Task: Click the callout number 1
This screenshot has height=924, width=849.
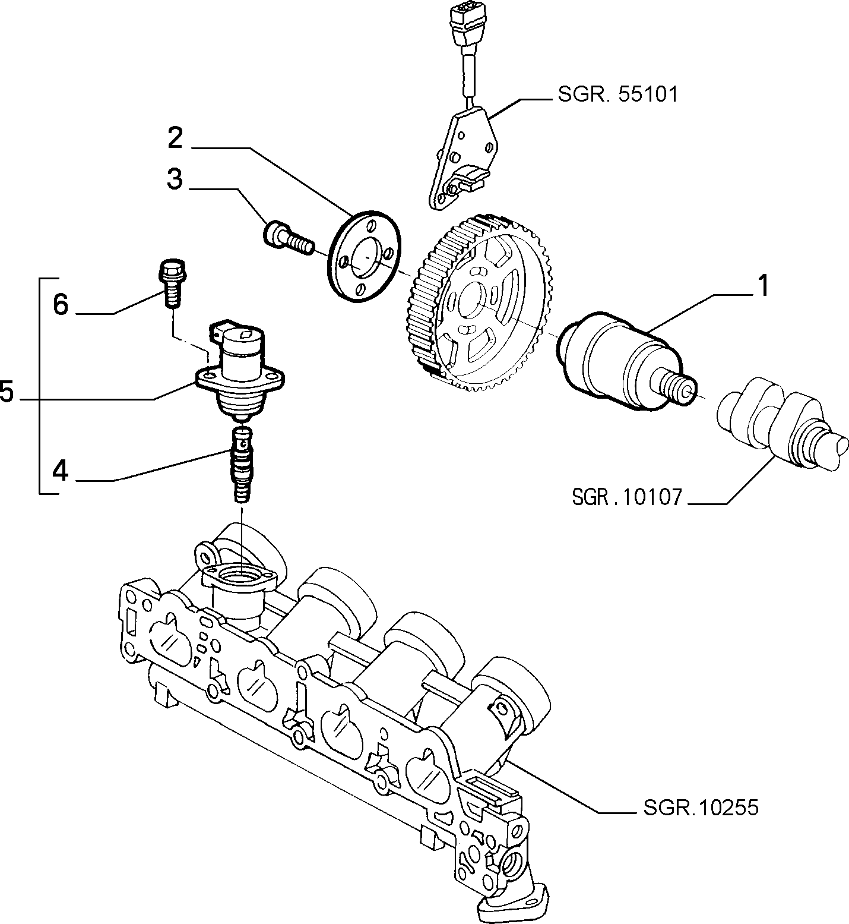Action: (x=762, y=286)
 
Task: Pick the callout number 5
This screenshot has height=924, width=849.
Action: (x=7, y=392)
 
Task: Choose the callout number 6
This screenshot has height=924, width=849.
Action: (x=61, y=305)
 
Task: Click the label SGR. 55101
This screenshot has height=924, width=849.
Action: (x=617, y=94)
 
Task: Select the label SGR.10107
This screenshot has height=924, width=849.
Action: (x=628, y=496)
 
